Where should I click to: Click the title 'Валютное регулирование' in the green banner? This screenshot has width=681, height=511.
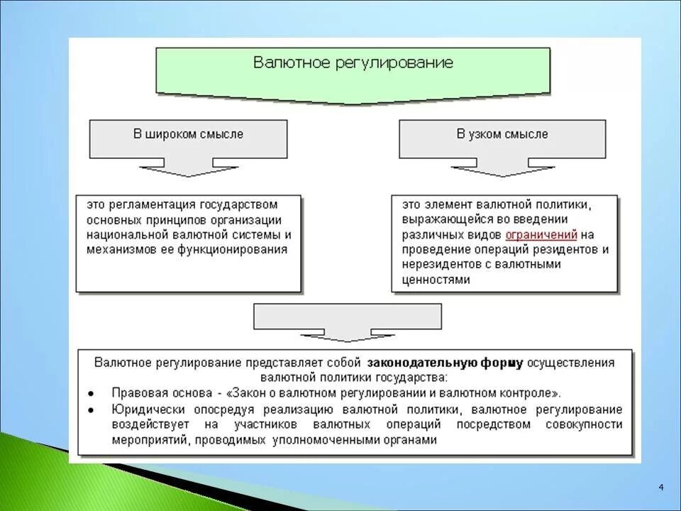[353, 62]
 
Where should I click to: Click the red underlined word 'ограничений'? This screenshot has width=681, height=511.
[541, 234]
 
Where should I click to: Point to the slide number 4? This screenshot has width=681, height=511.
[661, 487]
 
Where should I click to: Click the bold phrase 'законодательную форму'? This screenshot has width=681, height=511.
[445, 363]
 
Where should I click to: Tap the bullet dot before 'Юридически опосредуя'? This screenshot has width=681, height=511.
[92, 410]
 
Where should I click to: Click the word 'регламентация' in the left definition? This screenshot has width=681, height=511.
[146, 204]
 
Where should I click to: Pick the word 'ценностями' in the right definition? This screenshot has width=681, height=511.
[436, 280]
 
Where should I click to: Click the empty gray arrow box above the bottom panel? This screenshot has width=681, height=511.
[348, 317]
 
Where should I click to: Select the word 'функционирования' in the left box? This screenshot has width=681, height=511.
[238, 249]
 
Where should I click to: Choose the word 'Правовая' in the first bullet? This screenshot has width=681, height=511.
[135, 393]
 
